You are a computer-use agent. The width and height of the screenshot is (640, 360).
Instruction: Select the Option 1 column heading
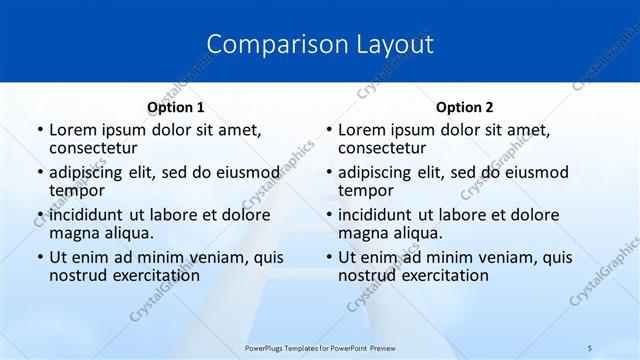point(176,107)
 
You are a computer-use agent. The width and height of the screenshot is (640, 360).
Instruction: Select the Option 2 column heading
point(465,107)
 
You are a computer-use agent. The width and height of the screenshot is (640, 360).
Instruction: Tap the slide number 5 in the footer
point(590,347)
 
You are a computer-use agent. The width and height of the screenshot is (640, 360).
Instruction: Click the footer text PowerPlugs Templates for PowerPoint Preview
point(320,347)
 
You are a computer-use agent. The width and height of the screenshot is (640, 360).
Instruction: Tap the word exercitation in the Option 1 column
point(156,275)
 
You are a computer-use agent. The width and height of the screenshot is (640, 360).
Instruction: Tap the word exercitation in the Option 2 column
point(445,275)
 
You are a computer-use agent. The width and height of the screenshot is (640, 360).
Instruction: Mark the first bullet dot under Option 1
point(39,130)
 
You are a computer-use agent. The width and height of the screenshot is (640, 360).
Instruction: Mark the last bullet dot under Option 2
point(328,258)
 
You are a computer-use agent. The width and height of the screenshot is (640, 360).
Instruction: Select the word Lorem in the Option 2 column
point(361,129)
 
